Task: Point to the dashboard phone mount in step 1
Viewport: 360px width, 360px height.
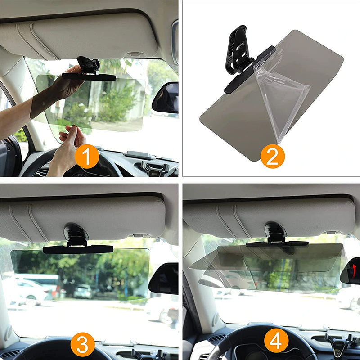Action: (155, 168)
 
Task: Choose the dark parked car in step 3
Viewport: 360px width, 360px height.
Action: (82, 291)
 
